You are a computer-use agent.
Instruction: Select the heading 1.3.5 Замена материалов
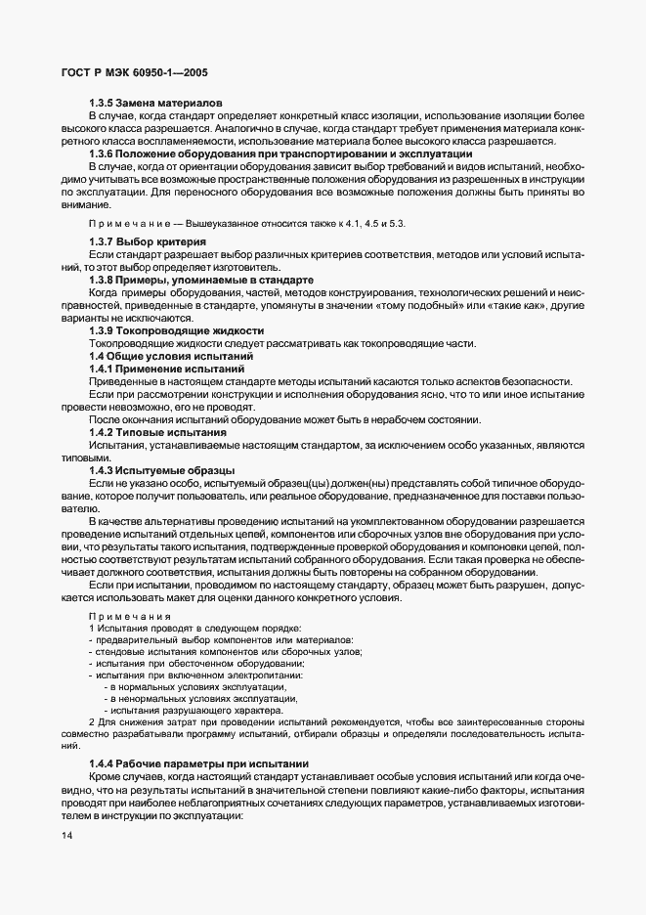tap(156, 103)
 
